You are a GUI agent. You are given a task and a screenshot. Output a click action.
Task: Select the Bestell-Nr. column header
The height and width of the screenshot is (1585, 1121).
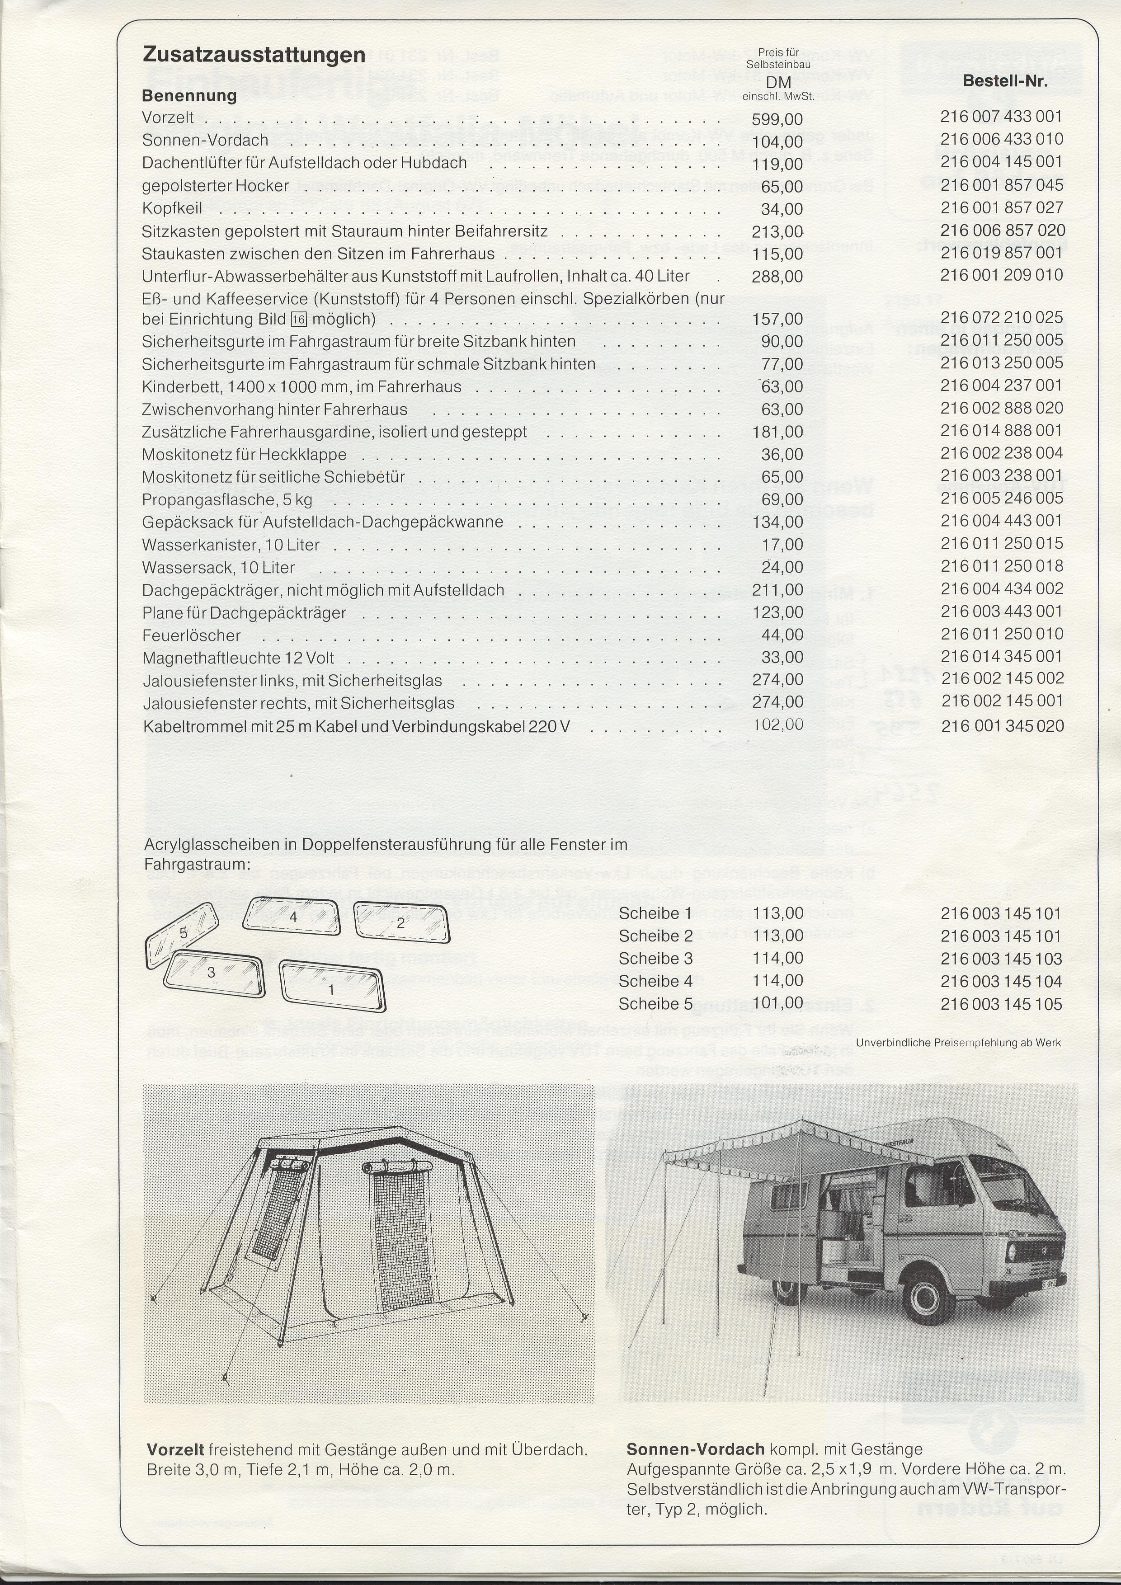(x=1005, y=81)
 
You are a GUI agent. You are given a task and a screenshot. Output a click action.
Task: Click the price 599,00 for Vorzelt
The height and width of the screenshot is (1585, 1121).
(x=777, y=119)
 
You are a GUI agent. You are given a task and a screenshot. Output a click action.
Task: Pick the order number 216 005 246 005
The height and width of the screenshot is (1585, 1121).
(x=1001, y=498)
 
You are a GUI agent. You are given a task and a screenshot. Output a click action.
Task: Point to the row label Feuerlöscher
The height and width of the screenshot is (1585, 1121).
(x=191, y=635)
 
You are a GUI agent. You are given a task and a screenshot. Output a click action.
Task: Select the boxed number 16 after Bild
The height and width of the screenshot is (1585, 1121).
(x=298, y=319)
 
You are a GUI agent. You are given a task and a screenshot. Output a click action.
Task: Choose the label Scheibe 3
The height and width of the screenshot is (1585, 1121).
(x=655, y=958)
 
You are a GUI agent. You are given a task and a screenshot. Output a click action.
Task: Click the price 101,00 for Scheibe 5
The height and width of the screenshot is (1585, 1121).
(x=777, y=1003)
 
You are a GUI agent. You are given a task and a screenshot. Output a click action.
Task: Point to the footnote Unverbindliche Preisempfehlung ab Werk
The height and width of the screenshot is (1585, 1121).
(x=958, y=1042)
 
